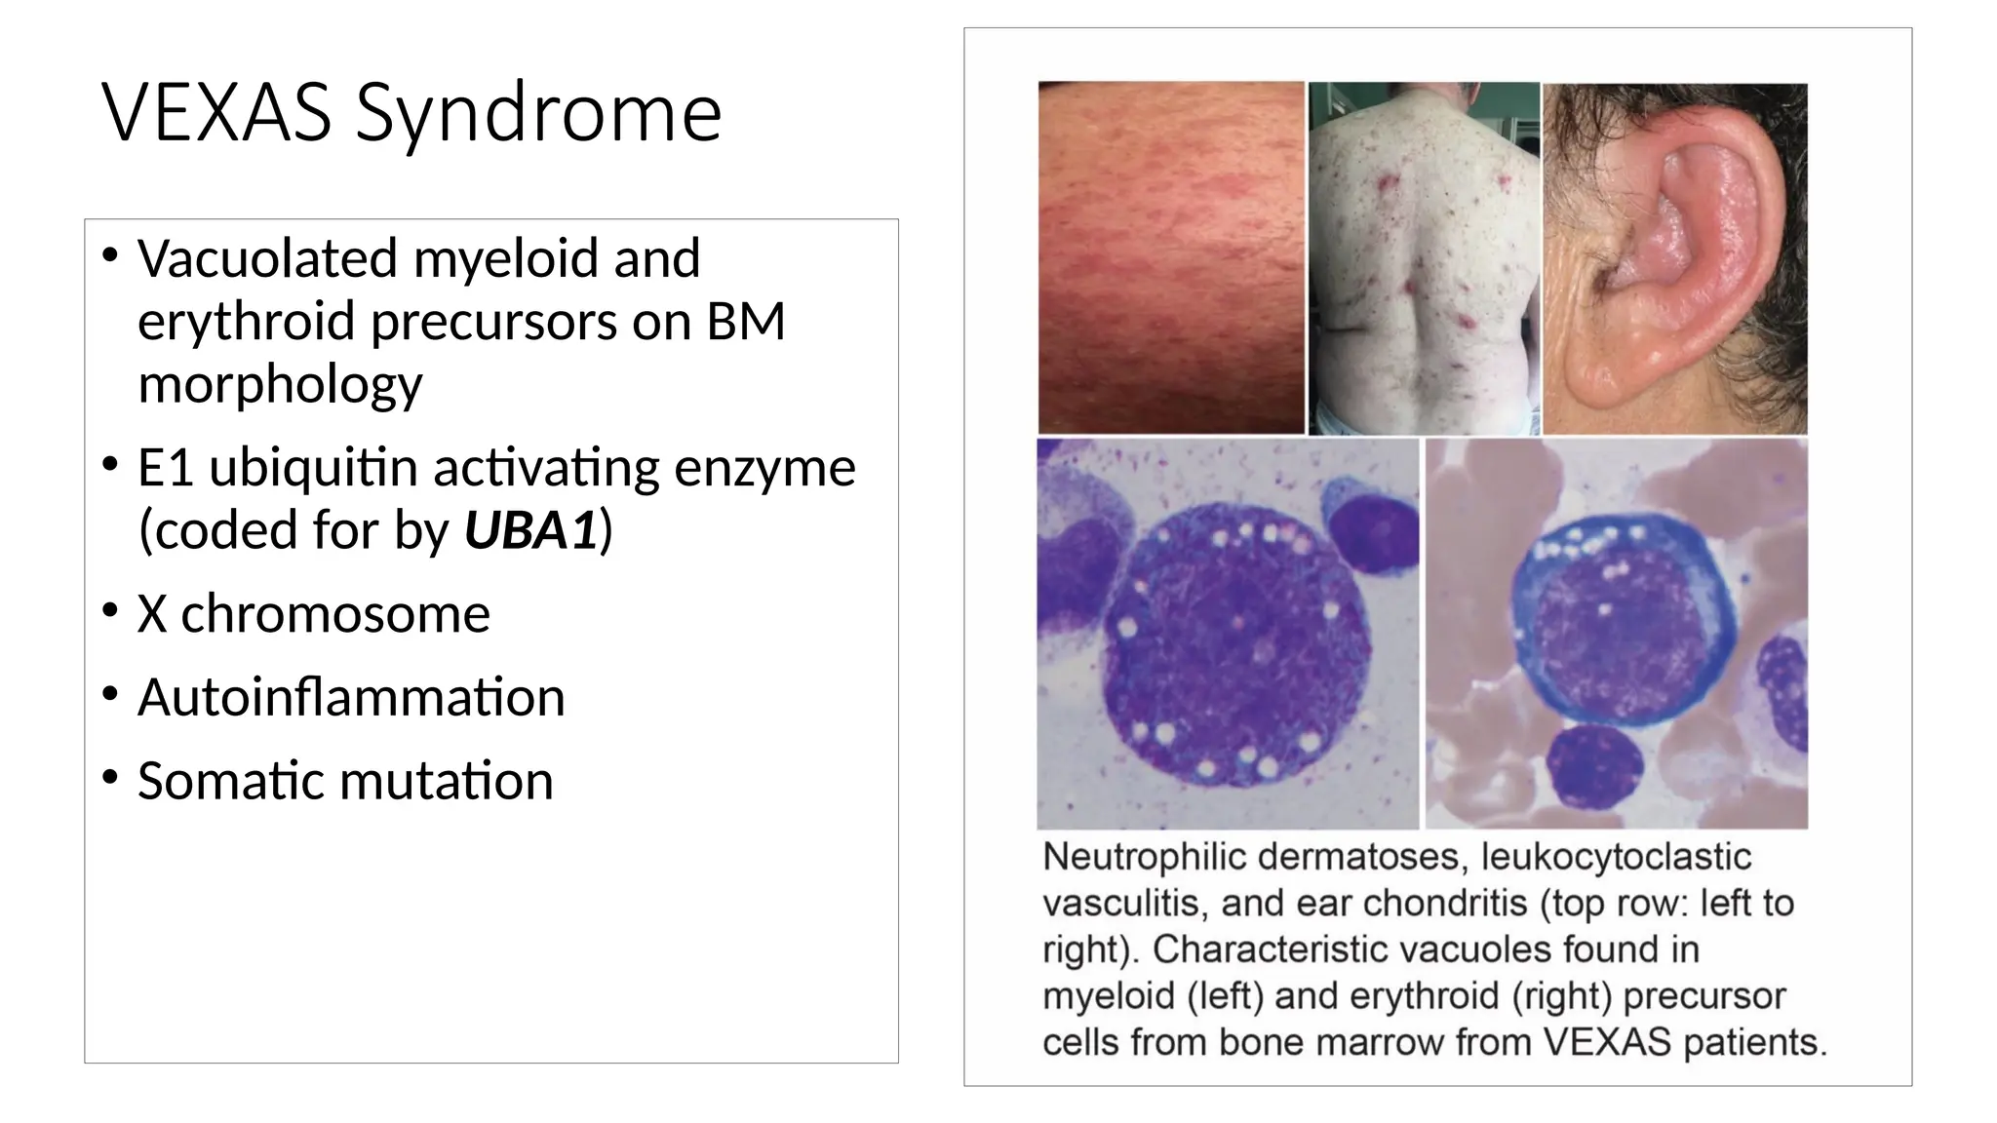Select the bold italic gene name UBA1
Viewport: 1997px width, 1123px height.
(x=529, y=531)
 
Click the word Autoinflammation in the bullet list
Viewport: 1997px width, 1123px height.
(x=351, y=697)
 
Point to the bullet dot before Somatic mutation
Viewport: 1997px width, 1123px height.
(x=110, y=777)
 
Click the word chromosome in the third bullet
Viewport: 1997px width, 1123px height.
(x=335, y=614)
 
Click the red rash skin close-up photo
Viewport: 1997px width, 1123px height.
(x=1170, y=257)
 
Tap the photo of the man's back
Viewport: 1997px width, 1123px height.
(x=1424, y=257)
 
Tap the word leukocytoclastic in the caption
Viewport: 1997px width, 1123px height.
(x=1616, y=857)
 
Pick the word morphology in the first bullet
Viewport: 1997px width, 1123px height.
(x=280, y=384)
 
